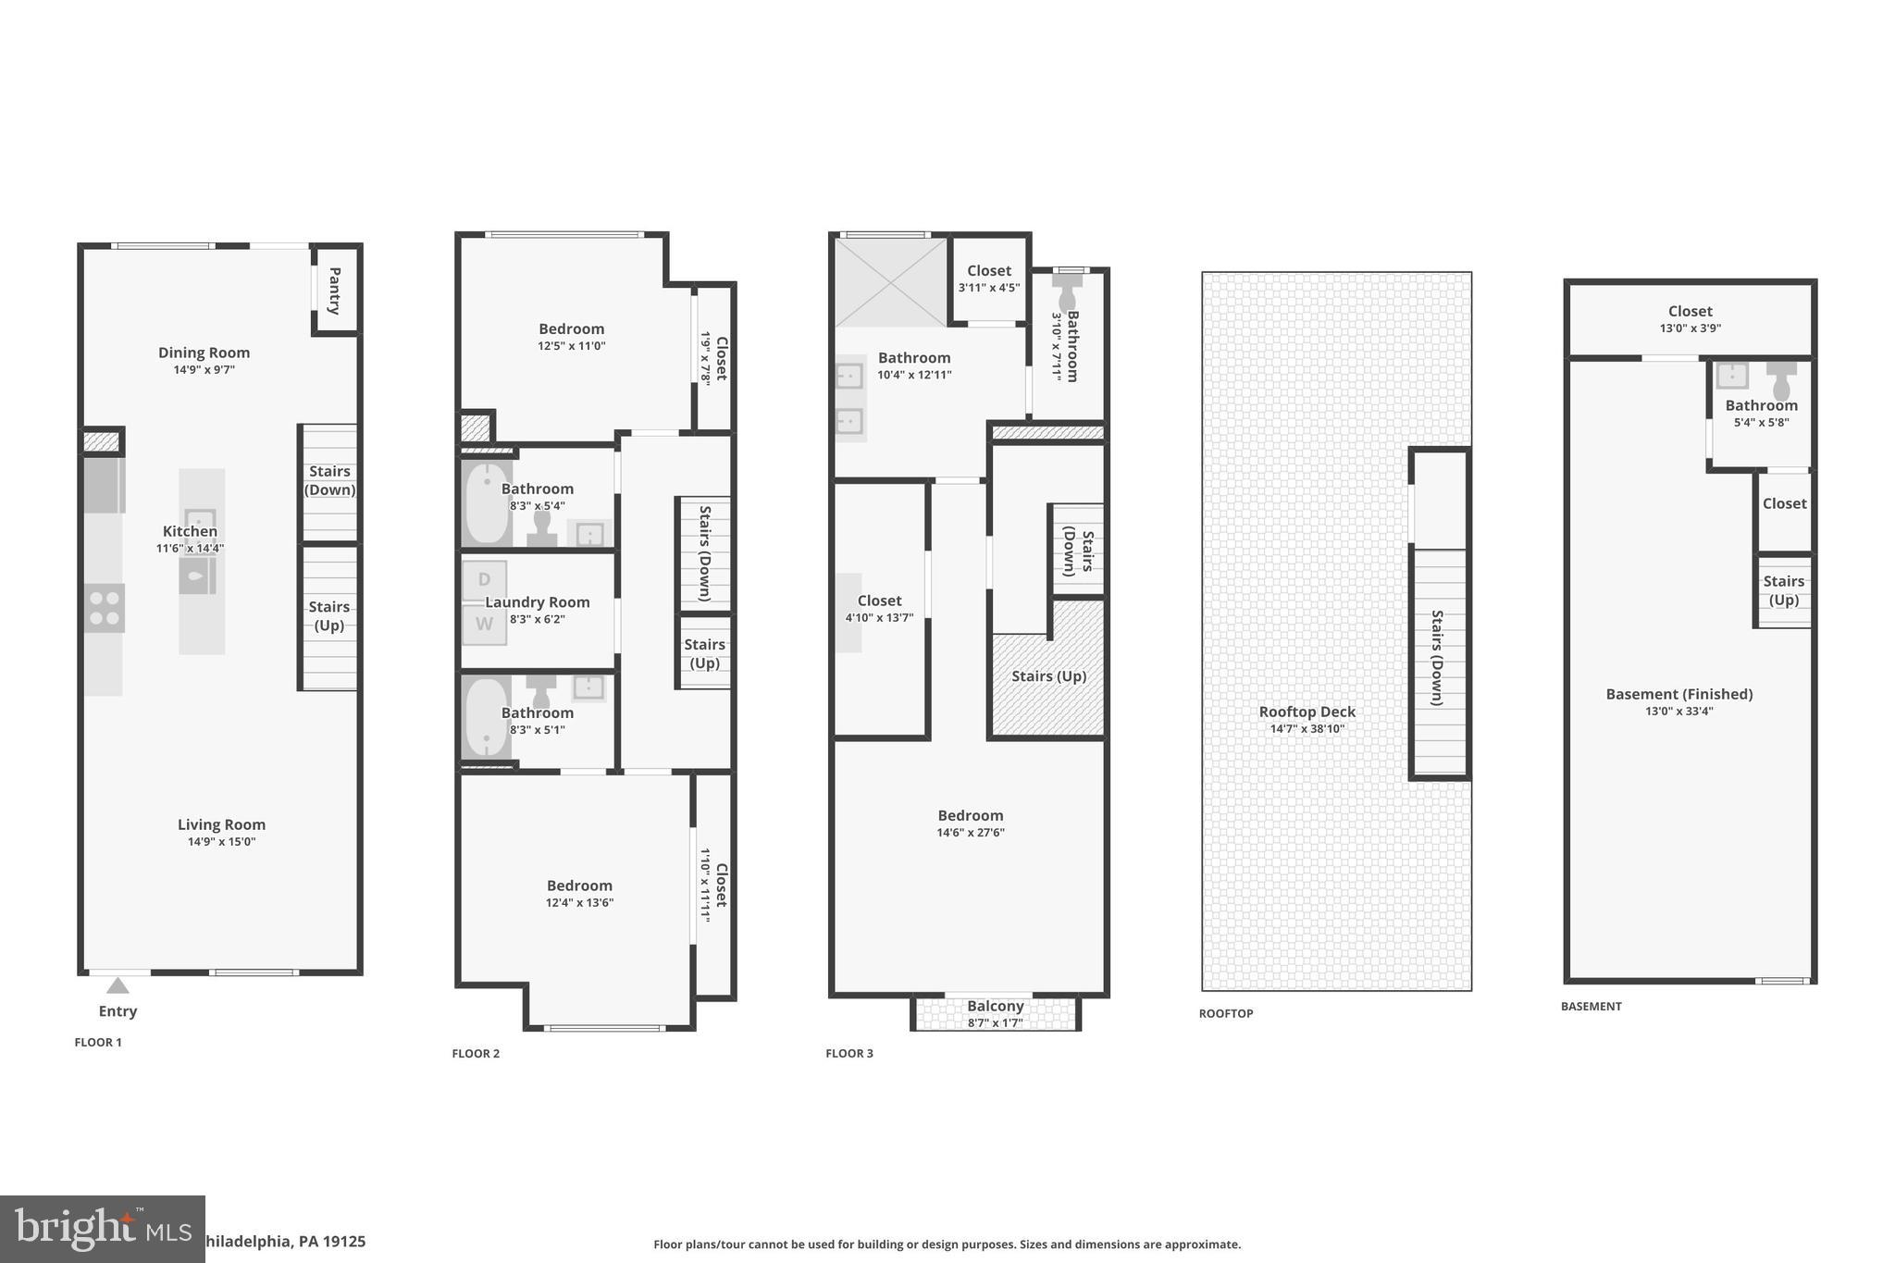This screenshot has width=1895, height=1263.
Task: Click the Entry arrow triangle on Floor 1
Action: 118,985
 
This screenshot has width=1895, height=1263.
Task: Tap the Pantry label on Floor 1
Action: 335,291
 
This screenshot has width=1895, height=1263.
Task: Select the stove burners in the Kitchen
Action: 104,608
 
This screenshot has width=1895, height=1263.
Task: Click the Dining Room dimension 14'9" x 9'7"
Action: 204,369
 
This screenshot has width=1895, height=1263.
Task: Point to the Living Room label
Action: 221,824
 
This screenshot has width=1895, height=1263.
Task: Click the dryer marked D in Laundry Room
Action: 484,580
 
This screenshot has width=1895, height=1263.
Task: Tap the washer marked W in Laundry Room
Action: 484,624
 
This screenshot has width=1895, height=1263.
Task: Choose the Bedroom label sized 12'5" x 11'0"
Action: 571,328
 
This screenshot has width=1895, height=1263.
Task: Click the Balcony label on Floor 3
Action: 995,1006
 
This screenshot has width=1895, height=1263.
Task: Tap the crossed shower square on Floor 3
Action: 890,282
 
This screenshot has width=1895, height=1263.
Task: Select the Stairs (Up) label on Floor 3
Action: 1048,676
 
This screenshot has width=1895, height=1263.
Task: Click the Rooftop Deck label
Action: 1307,712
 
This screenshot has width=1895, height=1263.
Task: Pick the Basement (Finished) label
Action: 1678,694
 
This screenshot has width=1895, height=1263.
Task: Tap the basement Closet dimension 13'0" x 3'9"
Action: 1690,328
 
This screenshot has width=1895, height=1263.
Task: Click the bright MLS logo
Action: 102,1228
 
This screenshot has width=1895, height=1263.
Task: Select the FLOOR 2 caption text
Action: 476,1053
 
